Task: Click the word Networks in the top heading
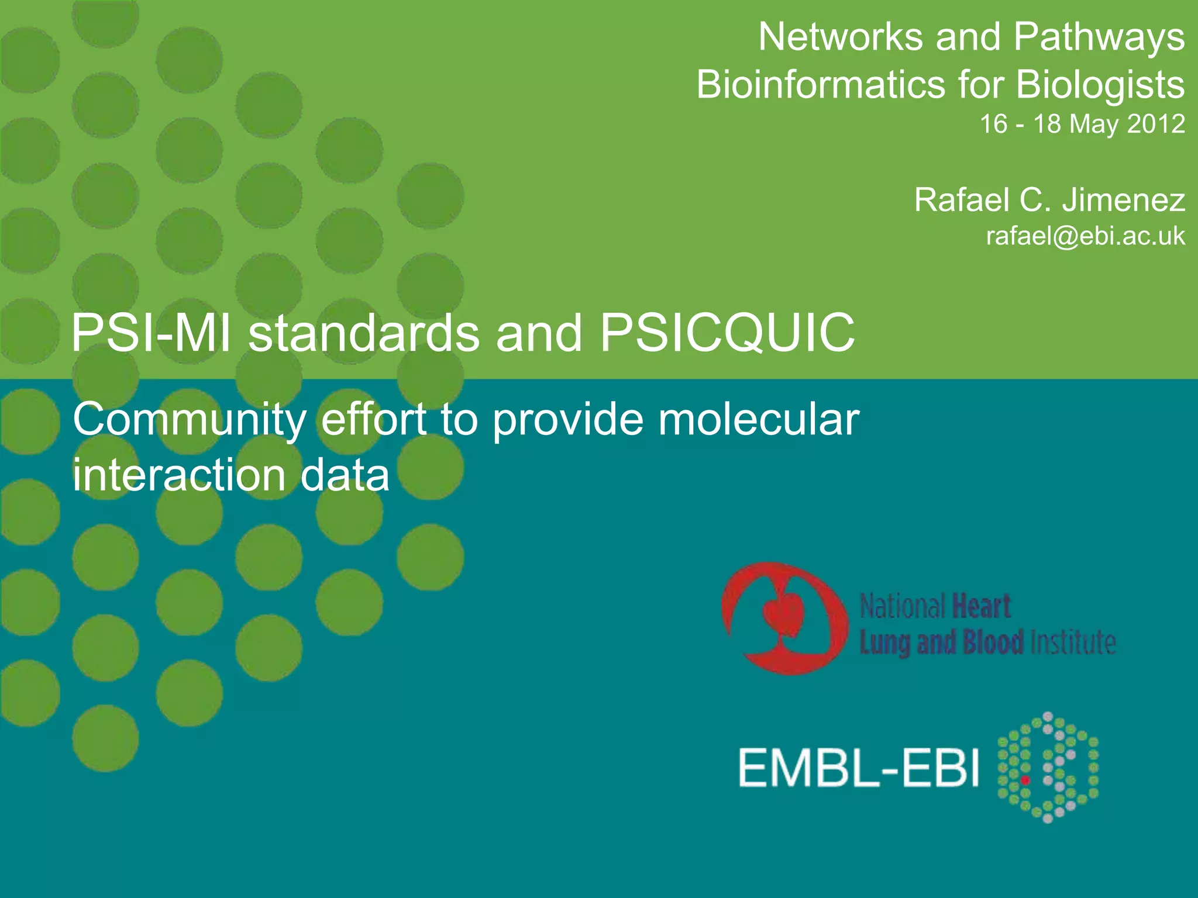(x=841, y=37)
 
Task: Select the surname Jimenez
(x=1124, y=201)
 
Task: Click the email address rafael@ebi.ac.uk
(x=1085, y=236)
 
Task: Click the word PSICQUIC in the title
(x=727, y=333)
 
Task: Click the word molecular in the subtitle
(x=758, y=420)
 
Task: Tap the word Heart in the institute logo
(x=982, y=606)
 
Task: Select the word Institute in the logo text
(x=1072, y=643)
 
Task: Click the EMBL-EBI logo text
(x=858, y=768)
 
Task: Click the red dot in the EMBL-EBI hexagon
(x=1025, y=780)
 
